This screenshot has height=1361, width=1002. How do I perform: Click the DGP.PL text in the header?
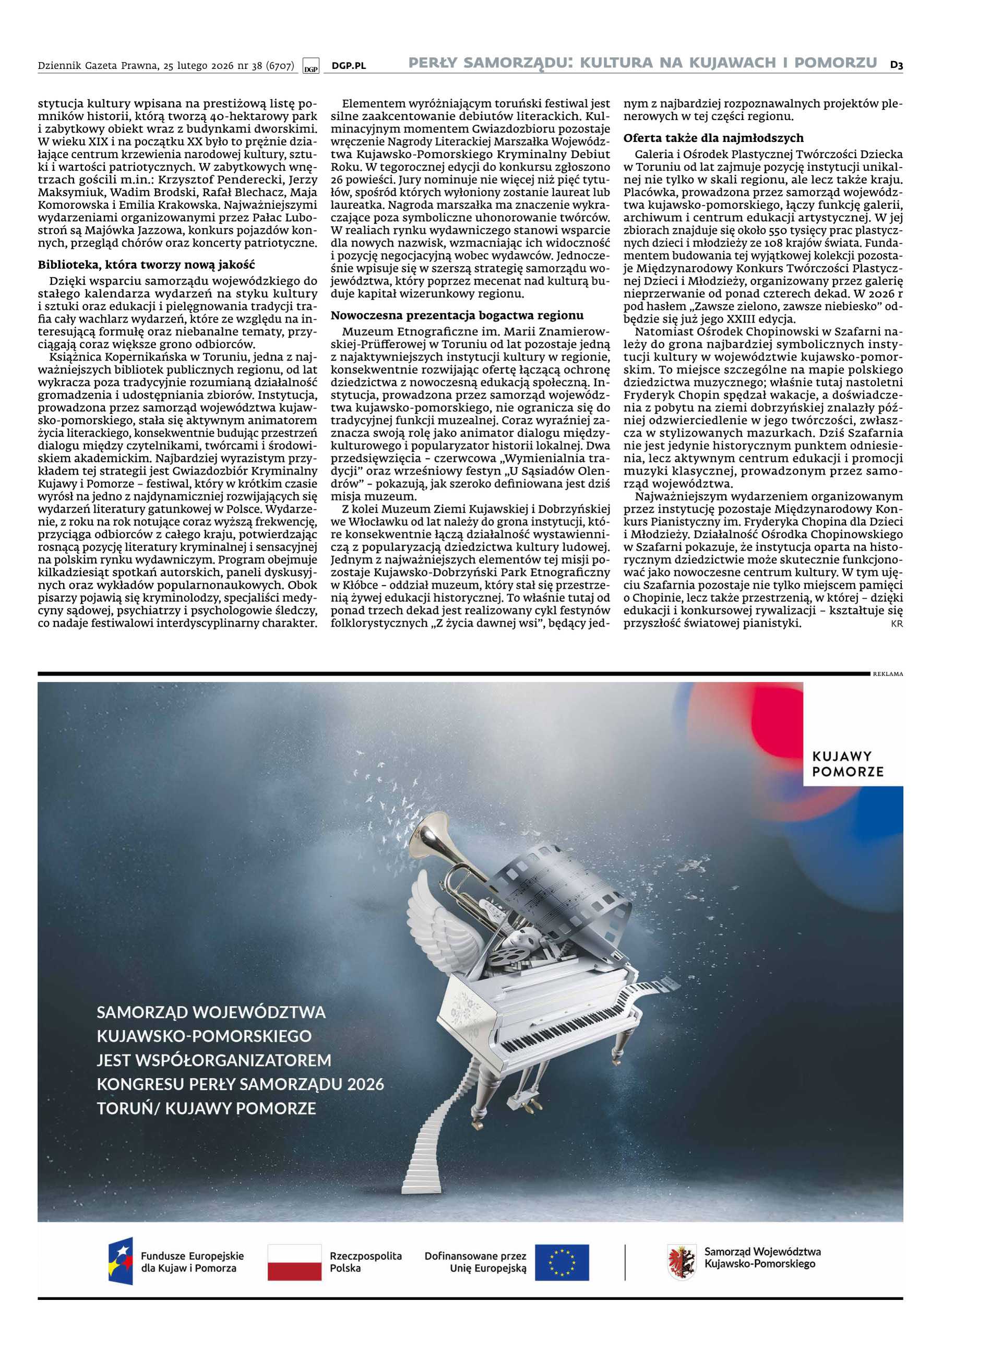click(349, 66)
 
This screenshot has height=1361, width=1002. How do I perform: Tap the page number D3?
click(897, 64)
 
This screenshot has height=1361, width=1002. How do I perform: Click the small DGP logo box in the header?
click(311, 67)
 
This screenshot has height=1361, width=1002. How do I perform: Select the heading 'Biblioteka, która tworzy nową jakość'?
click(146, 265)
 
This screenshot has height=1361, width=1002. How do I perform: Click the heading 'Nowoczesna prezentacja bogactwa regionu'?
click(457, 315)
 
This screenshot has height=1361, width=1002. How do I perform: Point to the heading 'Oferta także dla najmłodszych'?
click(713, 138)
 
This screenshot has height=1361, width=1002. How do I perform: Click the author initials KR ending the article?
click(897, 624)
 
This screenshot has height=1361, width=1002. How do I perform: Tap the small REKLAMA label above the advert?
click(888, 674)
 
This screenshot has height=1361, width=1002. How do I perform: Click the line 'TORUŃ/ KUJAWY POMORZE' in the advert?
click(206, 1108)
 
